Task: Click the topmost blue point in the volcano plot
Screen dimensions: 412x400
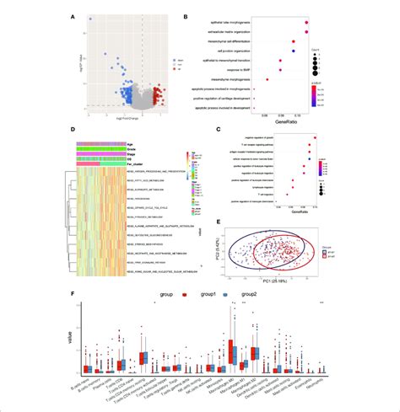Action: tap(90, 18)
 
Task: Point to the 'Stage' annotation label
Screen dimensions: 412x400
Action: tap(110, 152)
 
